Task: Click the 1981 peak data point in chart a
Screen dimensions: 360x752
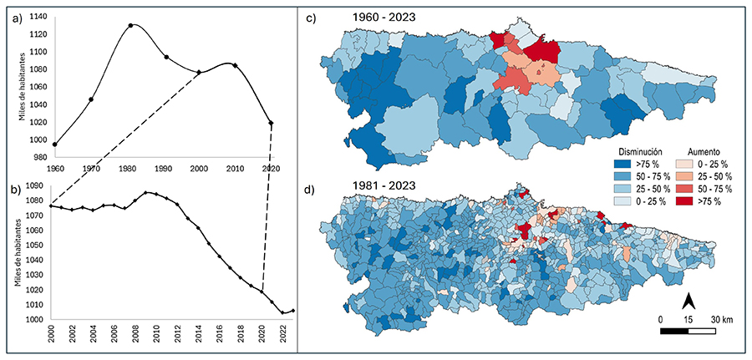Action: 130,25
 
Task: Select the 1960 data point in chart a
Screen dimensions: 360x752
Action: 55,145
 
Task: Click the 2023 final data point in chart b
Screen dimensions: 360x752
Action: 292,311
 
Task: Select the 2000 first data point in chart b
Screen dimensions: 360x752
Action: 52,205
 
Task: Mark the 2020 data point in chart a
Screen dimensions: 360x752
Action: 271,124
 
